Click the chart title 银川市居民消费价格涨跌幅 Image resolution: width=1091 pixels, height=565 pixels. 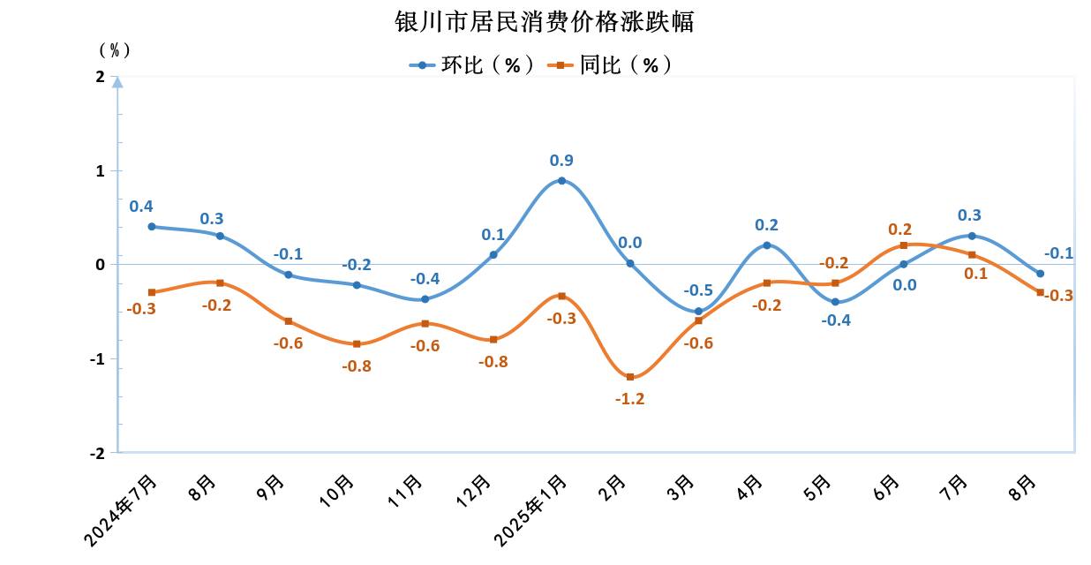coord(545,22)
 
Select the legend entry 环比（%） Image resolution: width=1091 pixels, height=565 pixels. coord(472,64)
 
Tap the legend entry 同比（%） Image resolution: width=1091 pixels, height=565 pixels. coord(610,64)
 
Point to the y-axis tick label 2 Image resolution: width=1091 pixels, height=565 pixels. coord(100,78)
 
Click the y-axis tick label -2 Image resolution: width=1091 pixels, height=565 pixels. coord(97,453)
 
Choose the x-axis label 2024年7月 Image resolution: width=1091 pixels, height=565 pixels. coord(123,509)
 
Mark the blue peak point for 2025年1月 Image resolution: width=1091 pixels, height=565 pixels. coord(561,180)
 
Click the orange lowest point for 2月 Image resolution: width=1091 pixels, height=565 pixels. coord(630,377)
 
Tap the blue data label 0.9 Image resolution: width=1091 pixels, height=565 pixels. coord(561,161)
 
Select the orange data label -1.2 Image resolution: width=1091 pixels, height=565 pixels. coord(630,398)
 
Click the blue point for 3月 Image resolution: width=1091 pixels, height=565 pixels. coord(698,311)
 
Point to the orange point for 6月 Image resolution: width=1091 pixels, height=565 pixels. coord(903,245)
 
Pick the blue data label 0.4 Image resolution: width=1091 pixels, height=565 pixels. coord(141,207)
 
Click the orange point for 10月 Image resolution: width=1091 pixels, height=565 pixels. coord(357,343)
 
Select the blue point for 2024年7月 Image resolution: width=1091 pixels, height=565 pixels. coord(152,226)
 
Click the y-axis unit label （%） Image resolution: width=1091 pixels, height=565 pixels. coord(114,49)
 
